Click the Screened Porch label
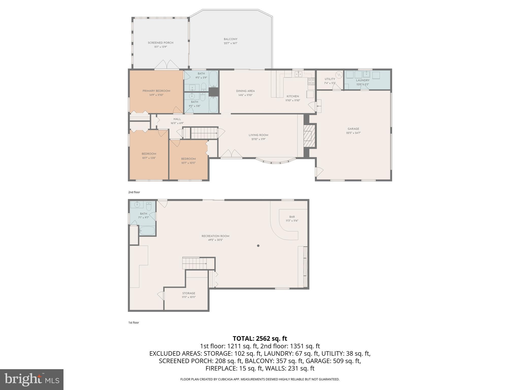click(x=160, y=43)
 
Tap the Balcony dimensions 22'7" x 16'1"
click(x=231, y=43)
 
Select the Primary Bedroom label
click(x=156, y=91)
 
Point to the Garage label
click(x=353, y=129)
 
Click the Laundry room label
click(x=363, y=80)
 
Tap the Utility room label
click(x=330, y=79)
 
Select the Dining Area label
click(x=245, y=91)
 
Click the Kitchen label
click(x=293, y=96)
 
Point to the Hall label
click(x=177, y=119)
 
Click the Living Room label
click(x=258, y=135)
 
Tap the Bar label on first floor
click(x=292, y=217)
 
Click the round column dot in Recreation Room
click(x=258, y=246)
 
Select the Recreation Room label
click(x=215, y=236)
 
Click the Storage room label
click(x=189, y=293)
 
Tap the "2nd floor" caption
click(x=134, y=192)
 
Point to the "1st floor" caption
click(x=134, y=323)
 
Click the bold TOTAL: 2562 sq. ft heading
click(x=260, y=338)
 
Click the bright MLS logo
click(x=32, y=379)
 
